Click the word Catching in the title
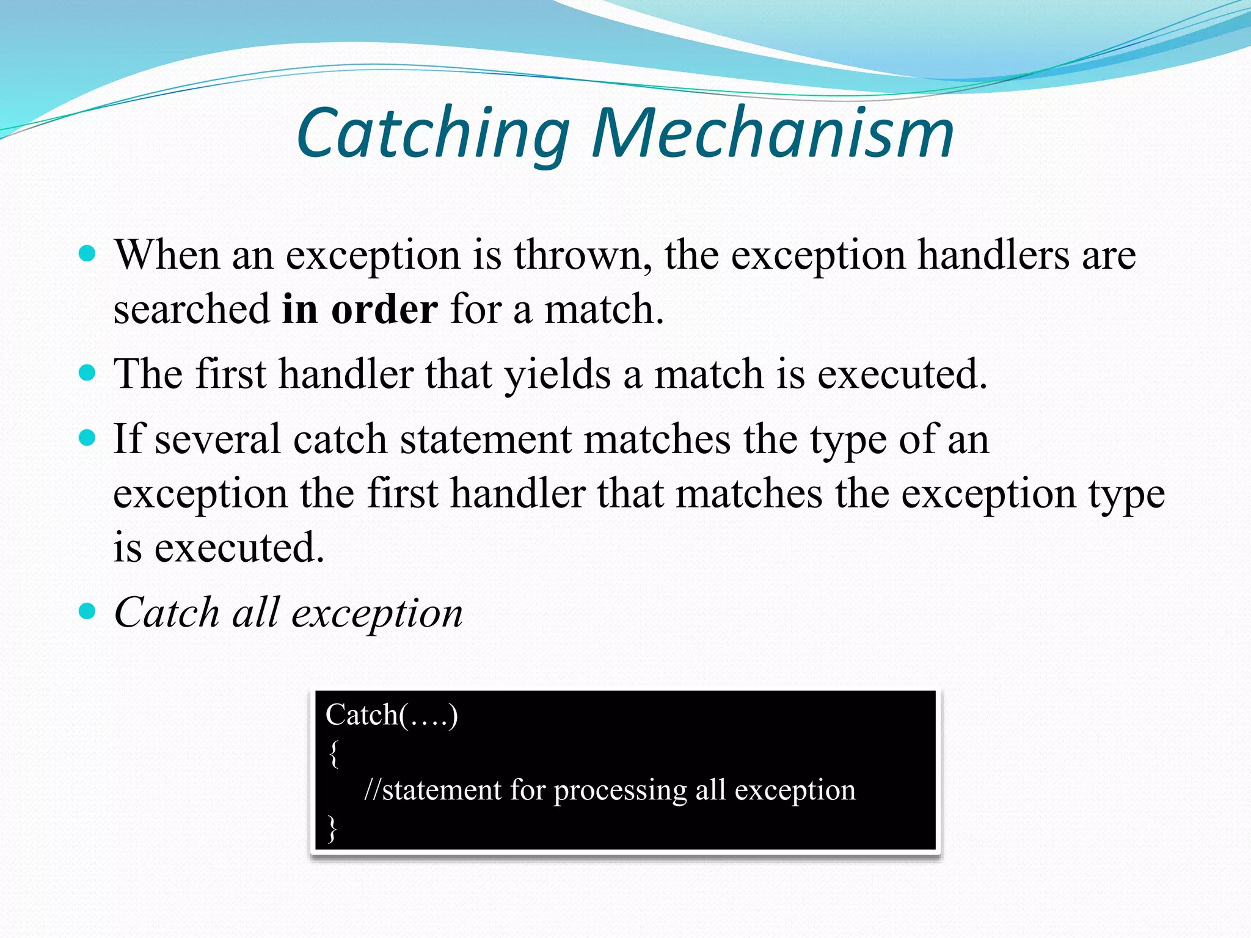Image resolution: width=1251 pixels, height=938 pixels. click(x=432, y=133)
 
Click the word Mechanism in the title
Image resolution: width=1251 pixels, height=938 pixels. click(x=772, y=133)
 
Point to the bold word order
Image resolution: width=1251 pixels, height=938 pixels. click(x=384, y=308)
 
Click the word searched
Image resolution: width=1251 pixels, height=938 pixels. click(x=191, y=308)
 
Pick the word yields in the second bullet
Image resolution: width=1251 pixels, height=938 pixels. click(x=557, y=374)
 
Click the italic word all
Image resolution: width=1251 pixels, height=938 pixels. click(x=256, y=612)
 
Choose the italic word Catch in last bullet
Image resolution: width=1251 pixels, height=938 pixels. click(x=167, y=612)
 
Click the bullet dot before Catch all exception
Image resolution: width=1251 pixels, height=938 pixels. click(x=88, y=611)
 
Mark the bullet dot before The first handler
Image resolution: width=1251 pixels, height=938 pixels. click(x=88, y=373)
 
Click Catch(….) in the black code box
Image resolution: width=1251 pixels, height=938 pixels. click(x=392, y=714)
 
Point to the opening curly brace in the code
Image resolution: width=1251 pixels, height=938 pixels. click(x=334, y=754)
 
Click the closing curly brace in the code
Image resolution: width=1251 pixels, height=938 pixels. click(x=332, y=829)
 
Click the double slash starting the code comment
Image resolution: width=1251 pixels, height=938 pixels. click(x=372, y=790)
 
